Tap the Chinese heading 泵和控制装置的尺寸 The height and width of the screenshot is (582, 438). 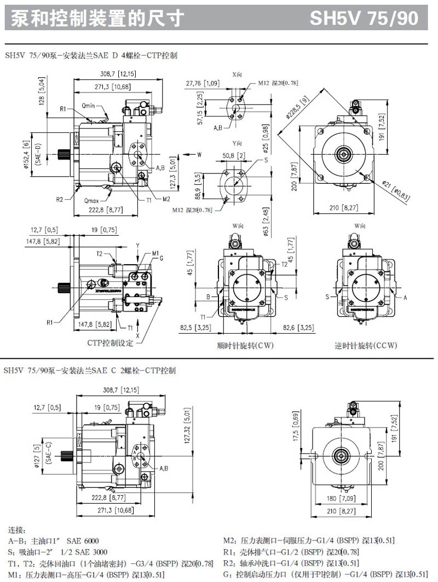[96, 18]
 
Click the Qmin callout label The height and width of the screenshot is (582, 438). [89, 104]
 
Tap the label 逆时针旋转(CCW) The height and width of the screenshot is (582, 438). [366, 346]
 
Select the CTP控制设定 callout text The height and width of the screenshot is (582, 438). [111, 343]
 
